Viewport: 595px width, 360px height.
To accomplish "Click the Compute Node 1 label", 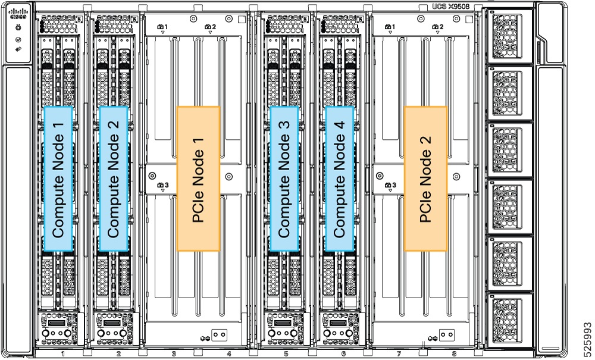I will coord(58,179).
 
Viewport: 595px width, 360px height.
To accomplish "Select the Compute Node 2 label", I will coord(113,179).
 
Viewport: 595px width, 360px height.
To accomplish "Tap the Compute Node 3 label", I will coord(283,179).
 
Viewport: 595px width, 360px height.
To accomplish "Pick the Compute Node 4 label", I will coord(340,179).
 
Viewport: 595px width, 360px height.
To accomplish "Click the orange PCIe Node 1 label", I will coord(199,179).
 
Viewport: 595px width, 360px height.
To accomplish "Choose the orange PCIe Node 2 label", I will coord(425,179).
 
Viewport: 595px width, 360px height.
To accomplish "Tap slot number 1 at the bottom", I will coord(62,354).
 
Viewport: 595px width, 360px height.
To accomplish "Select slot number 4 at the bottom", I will coord(229,354).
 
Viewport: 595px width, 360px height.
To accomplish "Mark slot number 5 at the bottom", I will coord(286,354).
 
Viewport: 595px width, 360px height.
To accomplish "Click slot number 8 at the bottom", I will coord(454,354).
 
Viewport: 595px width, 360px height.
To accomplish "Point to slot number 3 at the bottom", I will coord(174,354).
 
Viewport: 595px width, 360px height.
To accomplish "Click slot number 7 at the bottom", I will coord(399,354).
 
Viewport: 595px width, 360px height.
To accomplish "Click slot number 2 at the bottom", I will coord(118,354).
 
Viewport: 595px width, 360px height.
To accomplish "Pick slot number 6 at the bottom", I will coord(343,354).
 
